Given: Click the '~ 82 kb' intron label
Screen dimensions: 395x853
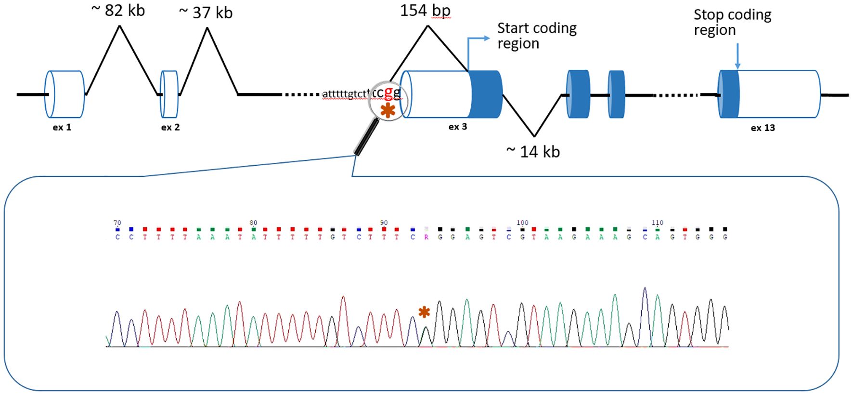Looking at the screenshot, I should point(118,11).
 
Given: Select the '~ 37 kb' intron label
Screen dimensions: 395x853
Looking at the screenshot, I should point(206,13).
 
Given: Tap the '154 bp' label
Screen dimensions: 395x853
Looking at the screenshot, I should point(425,11).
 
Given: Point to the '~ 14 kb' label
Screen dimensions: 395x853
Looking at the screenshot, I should point(533,152).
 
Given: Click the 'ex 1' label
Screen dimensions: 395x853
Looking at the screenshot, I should point(62,128).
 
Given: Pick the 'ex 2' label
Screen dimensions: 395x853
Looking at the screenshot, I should point(170,128).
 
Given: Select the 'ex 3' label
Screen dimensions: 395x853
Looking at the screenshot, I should point(458,127).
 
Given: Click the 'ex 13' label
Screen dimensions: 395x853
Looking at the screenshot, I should point(763,128).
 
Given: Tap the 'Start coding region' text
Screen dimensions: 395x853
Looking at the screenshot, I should point(536,36).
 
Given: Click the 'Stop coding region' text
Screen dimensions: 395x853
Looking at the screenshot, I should point(732,22).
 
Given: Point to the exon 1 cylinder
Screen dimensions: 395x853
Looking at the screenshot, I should point(65,94).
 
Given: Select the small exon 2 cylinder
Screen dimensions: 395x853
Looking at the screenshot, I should point(169,94).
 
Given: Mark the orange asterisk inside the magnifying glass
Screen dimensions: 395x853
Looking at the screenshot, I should point(388,110).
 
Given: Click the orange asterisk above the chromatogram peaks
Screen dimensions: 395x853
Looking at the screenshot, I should point(424,312).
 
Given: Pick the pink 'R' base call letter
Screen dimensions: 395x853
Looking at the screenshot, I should point(426,237).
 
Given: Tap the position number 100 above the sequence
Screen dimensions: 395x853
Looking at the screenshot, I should point(522,223).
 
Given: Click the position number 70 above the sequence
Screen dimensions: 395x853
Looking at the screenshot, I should point(117,223).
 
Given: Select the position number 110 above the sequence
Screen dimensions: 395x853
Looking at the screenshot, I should point(658,223).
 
